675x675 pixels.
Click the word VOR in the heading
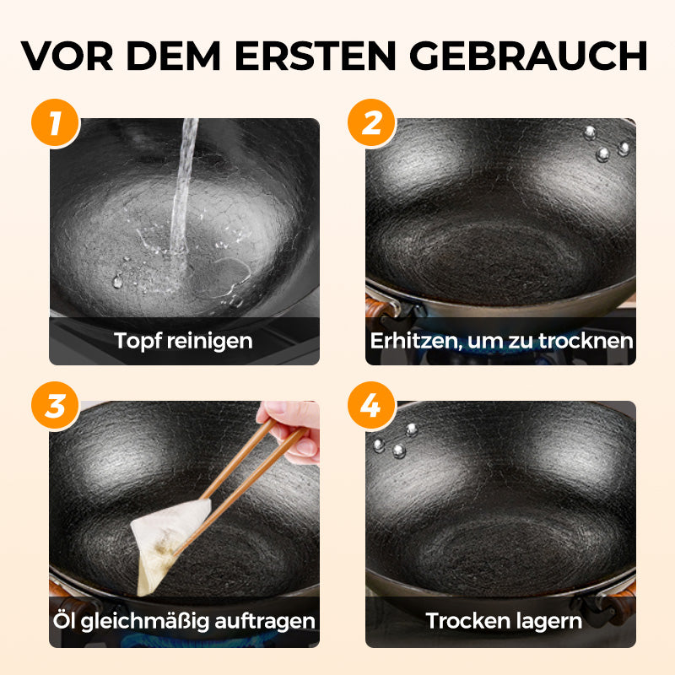click(x=71, y=55)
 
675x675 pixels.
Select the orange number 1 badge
click(x=55, y=123)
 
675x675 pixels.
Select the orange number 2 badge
click(x=371, y=123)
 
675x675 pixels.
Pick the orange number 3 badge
click(x=55, y=406)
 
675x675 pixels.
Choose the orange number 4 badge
click(x=371, y=406)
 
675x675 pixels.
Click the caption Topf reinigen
click(x=184, y=341)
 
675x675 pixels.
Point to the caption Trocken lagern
click(x=504, y=622)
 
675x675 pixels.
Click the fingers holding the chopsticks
click(x=291, y=426)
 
